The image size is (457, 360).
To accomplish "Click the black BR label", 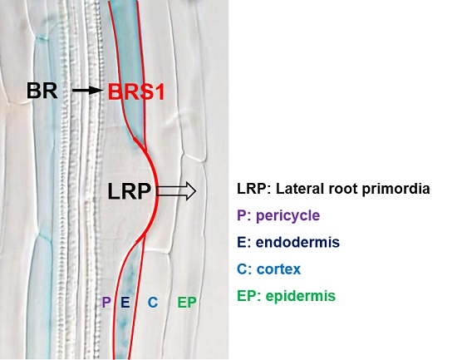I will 42,90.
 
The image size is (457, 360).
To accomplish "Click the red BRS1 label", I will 136,91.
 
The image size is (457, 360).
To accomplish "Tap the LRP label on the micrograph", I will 128,192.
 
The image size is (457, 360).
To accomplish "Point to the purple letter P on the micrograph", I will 106,303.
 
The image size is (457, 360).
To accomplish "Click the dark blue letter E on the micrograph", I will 125,303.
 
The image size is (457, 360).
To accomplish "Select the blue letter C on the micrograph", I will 152,303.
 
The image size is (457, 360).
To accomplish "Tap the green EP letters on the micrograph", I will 187,303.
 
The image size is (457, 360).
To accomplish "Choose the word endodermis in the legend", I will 293,243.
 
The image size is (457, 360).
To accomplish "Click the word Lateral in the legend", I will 293,189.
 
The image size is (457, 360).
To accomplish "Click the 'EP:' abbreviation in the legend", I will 247,296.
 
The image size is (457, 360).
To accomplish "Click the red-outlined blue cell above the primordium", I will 130,50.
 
